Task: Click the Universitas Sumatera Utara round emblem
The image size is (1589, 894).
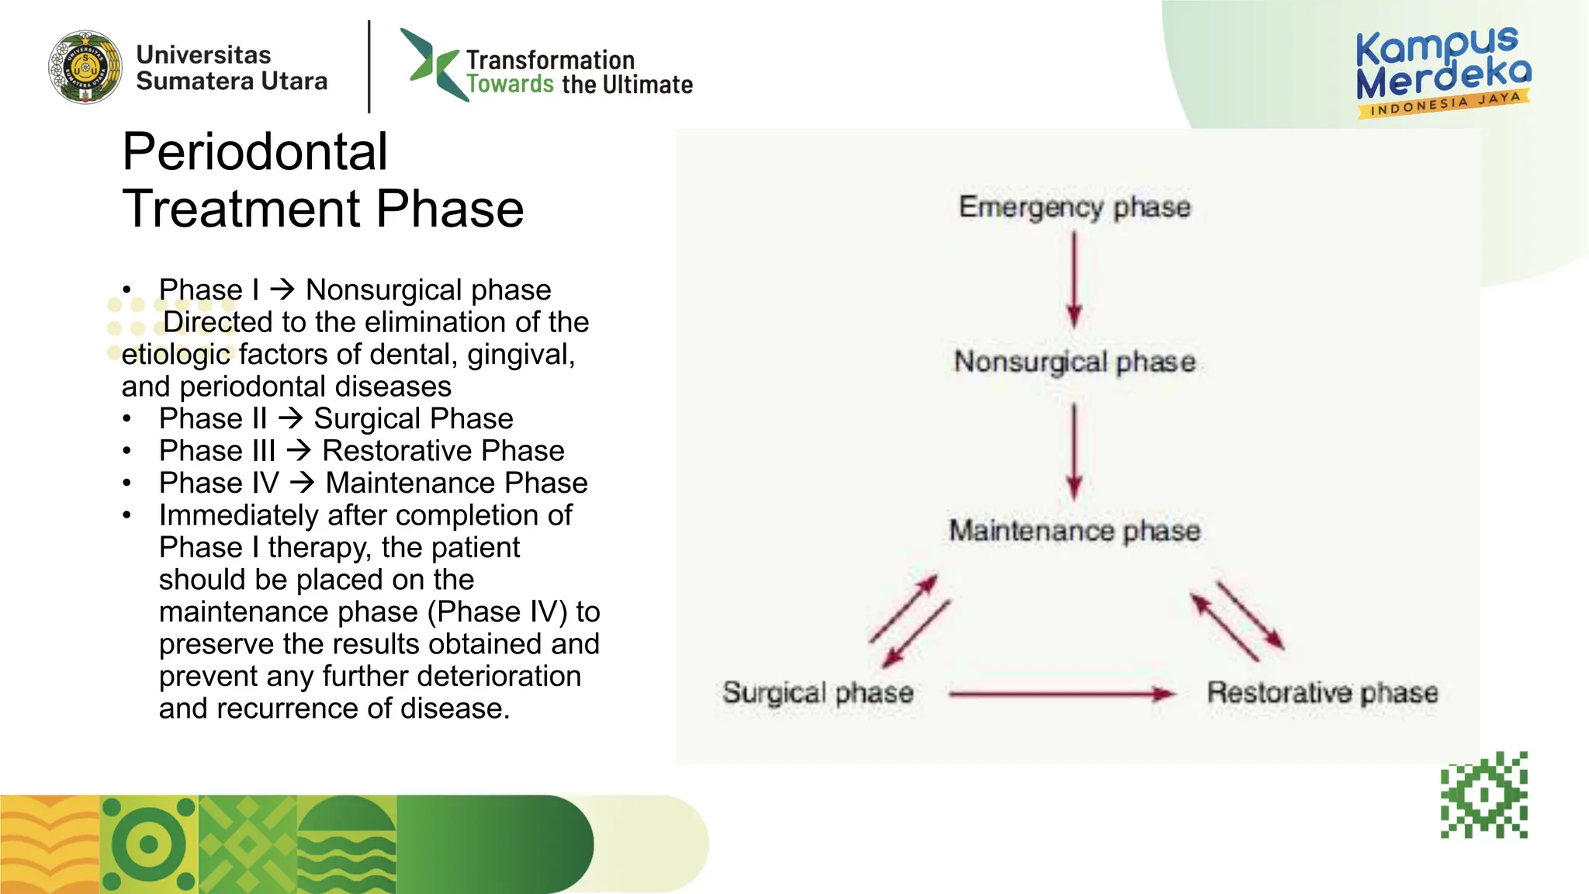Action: click(85, 68)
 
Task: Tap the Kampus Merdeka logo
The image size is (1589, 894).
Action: click(1443, 72)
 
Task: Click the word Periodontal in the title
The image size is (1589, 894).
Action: click(254, 151)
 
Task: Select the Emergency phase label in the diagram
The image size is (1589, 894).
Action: click(1075, 207)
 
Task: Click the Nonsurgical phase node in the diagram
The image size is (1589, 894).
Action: click(1075, 362)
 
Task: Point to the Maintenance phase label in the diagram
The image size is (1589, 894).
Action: click(1075, 531)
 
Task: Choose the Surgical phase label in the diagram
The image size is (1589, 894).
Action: click(818, 692)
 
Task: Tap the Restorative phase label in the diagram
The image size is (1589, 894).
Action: click(1322, 692)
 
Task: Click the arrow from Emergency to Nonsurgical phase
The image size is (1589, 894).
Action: click(1074, 279)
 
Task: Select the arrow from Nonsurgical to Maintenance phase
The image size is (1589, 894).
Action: click(1074, 450)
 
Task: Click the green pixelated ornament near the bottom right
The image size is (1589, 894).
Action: click(1484, 795)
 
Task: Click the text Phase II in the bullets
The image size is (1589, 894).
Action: click(213, 418)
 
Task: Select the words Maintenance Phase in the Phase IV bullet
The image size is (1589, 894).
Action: click(456, 483)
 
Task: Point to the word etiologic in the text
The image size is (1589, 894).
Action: click(176, 354)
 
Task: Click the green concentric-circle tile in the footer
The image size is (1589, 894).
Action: click(149, 844)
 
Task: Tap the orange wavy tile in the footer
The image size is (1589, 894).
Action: click(50, 844)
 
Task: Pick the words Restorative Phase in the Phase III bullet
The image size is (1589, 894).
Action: click(443, 451)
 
